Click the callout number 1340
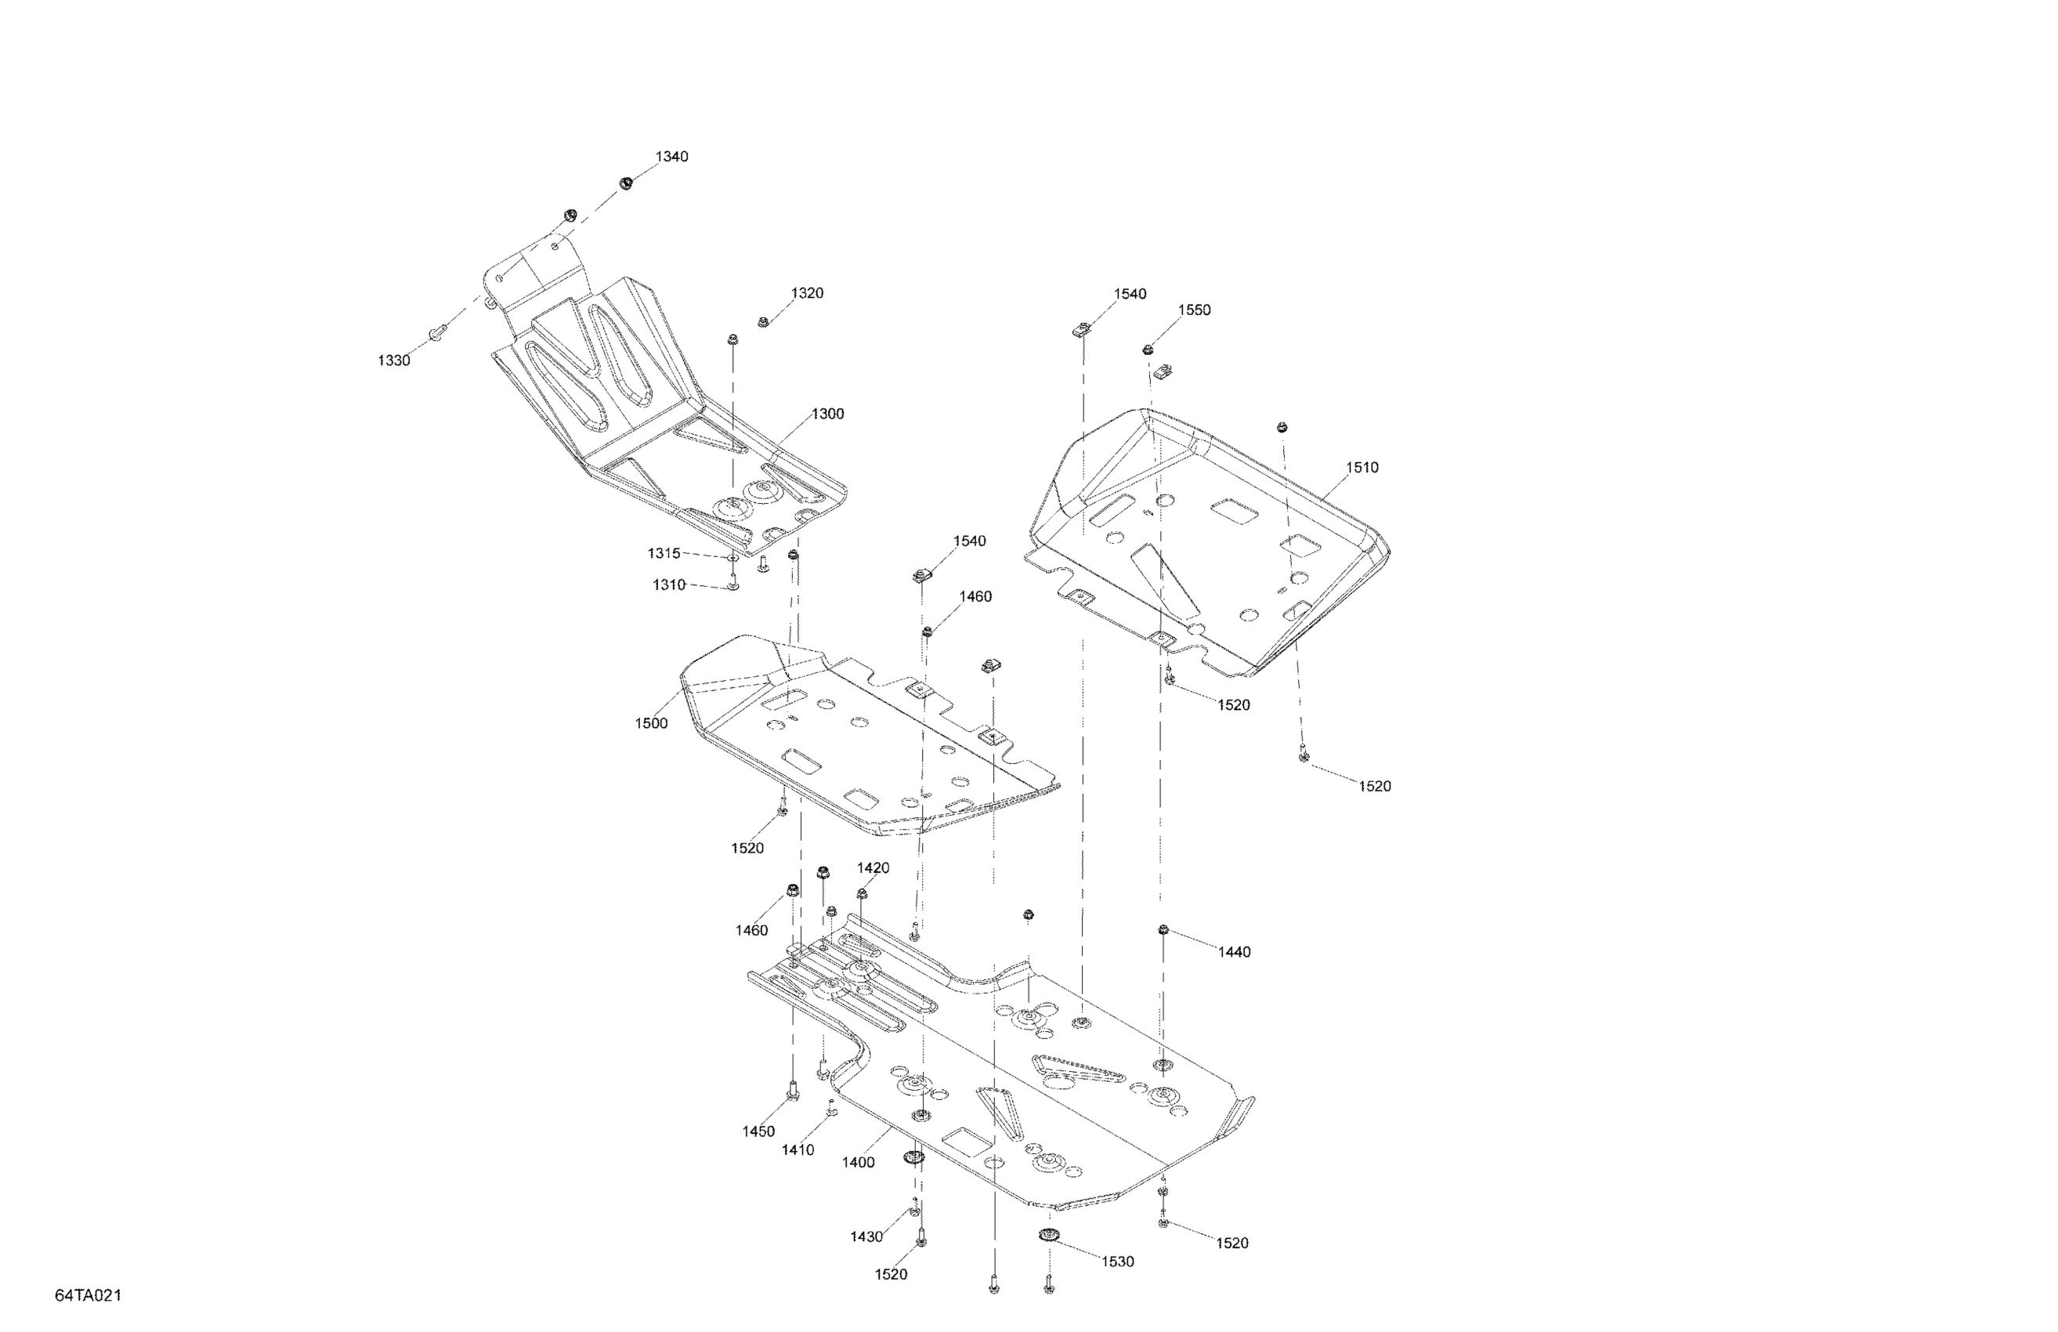click(671, 157)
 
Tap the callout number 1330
click(393, 360)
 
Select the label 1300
click(826, 414)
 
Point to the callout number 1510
click(1362, 468)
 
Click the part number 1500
click(651, 724)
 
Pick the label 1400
click(859, 1164)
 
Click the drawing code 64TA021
click(89, 1296)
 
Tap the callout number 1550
click(1194, 310)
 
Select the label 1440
click(1234, 952)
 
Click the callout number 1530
click(1117, 1262)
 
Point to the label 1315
click(664, 553)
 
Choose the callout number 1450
click(758, 1132)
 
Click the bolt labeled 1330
click(436, 331)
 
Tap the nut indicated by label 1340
click(625, 183)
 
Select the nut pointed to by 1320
click(764, 323)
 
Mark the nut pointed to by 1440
click(1164, 931)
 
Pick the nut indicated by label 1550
click(1148, 349)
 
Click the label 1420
click(873, 868)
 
